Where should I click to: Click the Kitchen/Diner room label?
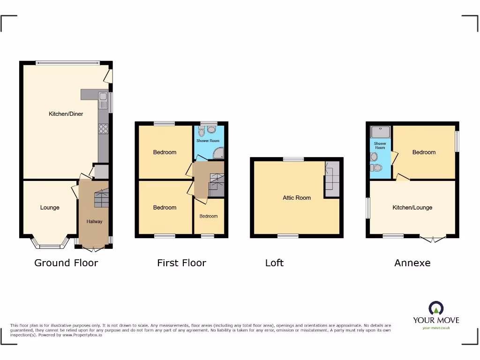click(x=66, y=114)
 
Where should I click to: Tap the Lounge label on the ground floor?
click(x=50, y=208)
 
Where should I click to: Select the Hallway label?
click(x=94, y=222)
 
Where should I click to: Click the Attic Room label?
click(x=297, y=198)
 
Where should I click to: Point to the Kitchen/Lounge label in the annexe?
click(x=412, y=208)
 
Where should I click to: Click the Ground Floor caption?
click(x=66, y=263)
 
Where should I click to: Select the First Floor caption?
click(x=181, y=263)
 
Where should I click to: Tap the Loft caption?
click(x=274, y=263)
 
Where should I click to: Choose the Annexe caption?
click(x=412, y=263)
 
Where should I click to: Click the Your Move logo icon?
click(x=436, y=308)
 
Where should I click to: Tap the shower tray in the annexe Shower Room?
click(x=380, y=132)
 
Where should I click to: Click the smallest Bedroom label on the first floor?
click(x=209, y=216)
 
